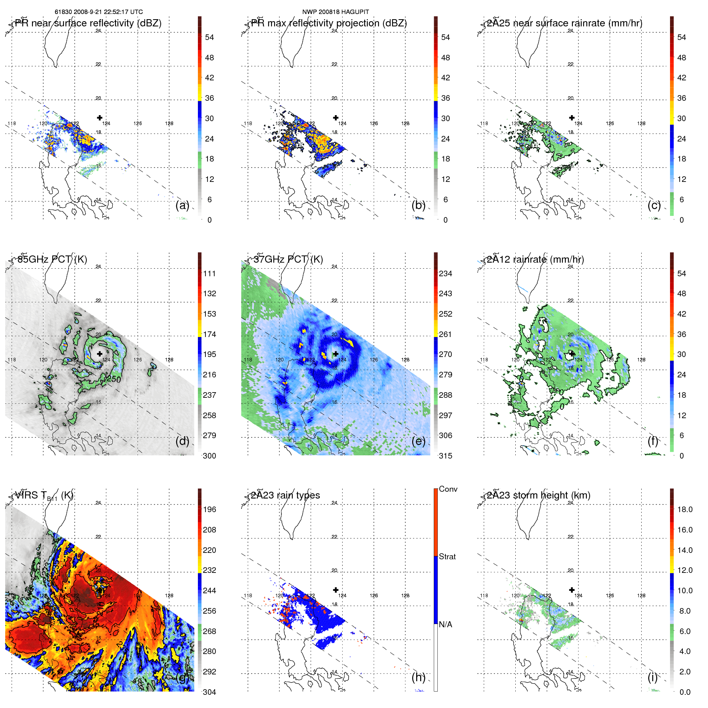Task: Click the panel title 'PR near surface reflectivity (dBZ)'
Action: [88, 23]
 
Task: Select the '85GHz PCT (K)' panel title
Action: [52, 259]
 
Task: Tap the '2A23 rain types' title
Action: [285, 495]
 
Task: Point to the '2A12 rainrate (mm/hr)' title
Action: [535, 259]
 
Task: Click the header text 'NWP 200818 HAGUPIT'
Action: [335, 12]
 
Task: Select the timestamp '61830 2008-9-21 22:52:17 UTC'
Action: [99, 12]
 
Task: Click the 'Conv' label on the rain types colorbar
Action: [448, 489]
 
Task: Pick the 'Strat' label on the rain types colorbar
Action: [447, 557]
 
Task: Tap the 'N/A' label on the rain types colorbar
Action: [446, 624]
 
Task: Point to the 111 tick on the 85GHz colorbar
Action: [209, 274]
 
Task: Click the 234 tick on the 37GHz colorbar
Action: [445, 274]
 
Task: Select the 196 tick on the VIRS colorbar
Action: [209, 510]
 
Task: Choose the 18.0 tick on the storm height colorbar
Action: [685, 510]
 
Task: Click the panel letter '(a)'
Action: [182, 205]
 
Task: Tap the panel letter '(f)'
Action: [653, 441]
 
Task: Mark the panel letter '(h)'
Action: [418, 677]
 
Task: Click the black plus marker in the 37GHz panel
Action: [336, 354]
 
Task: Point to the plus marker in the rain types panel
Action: [336, 590]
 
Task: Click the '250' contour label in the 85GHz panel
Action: [114, 379]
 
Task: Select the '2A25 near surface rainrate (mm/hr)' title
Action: [564, 23]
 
